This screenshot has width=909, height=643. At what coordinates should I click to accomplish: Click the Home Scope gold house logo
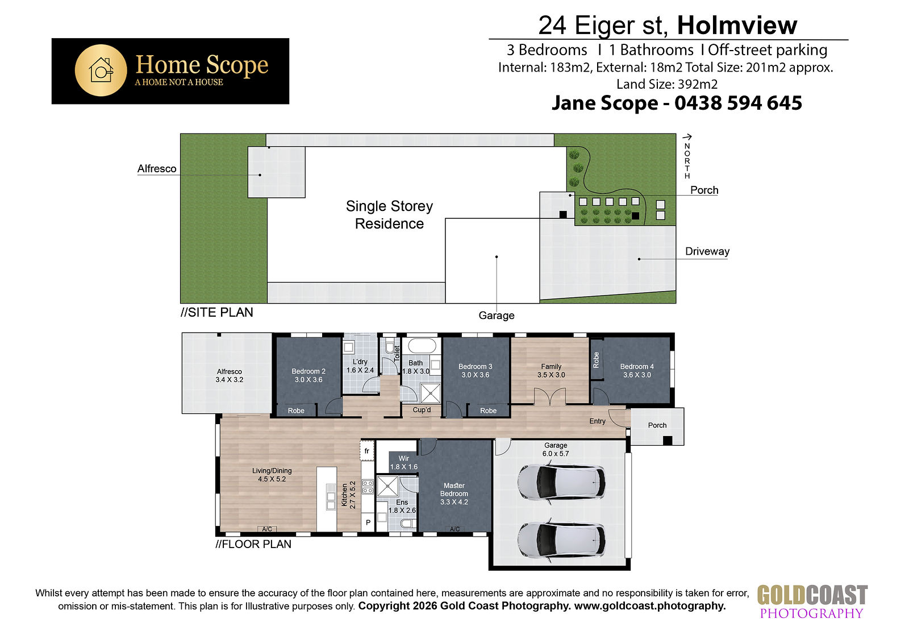coord(101,70)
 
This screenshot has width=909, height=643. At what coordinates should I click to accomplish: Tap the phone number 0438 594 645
coord(738,103)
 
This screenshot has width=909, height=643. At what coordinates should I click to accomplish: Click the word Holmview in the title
coord(737,25)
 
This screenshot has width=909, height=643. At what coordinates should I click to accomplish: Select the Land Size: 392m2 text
coord(667,84)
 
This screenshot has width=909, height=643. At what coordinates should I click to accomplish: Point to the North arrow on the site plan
coord(687,137)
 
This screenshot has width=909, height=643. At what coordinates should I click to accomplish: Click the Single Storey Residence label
coord(389,215)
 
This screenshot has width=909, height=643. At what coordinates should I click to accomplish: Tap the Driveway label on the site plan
coord(707,251)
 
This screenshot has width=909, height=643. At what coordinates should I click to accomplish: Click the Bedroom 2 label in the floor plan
coord(308,371)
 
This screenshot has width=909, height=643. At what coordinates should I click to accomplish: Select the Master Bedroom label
coord(454,489)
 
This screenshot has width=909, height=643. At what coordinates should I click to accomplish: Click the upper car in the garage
coord(562,482)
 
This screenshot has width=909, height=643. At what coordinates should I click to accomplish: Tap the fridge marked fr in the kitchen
coord(367,450)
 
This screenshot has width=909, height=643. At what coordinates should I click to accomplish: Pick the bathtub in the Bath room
coord(422,346)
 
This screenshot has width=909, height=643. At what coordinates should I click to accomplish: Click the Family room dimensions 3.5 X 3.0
coord(551,375)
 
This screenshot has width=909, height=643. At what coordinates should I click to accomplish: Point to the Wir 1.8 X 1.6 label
coord(404,463)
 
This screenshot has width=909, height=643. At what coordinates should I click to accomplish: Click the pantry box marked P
coord(368,522)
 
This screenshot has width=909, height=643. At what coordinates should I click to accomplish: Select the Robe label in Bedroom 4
coord(596,360)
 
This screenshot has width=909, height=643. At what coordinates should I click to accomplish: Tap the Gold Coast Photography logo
coord(812,601)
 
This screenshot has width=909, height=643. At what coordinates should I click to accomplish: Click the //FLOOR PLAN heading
coord(253,544)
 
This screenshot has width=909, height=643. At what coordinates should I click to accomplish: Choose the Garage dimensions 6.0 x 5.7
coord(556,454)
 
